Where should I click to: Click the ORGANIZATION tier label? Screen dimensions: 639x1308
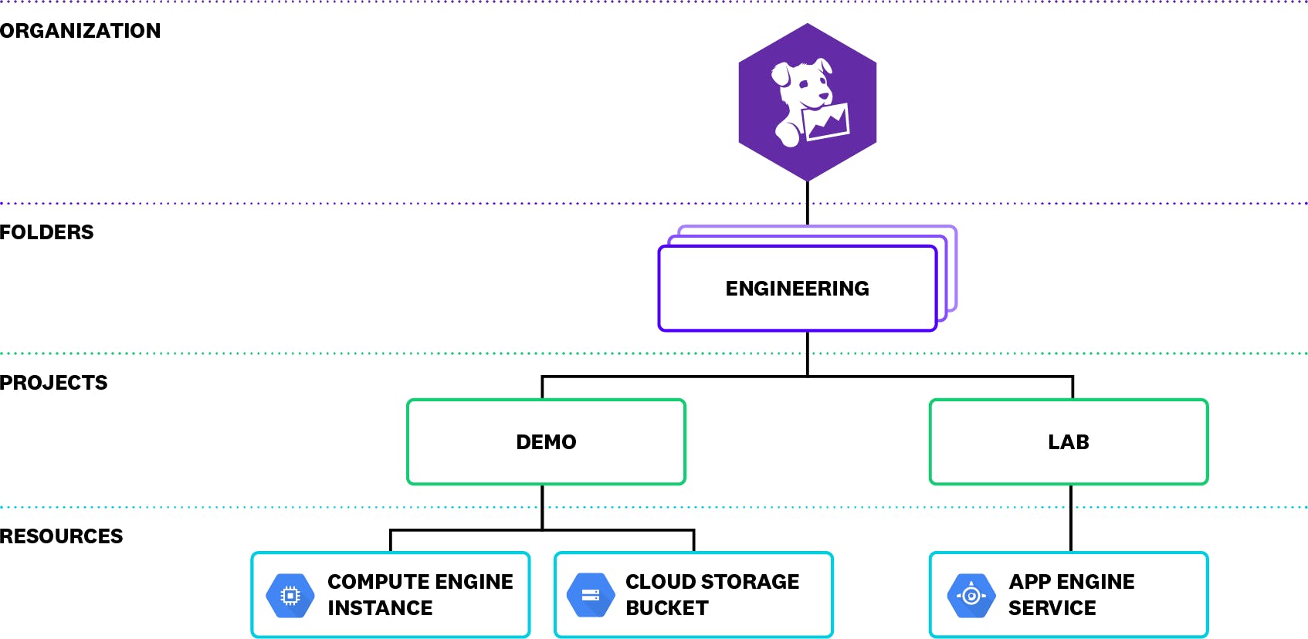pyautogui.click(x=80, y=31)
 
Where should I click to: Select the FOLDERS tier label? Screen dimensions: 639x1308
pyautogui.click(x=46, y=232)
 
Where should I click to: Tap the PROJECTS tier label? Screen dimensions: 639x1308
pyautogui.click(x=53, y=383)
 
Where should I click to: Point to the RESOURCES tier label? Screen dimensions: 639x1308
pyautogui.click(x=61, y=536)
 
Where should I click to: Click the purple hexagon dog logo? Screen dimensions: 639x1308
pyautogui.click(x=807, y=102)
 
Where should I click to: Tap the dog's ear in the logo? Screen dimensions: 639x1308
pyautogui.click(x=781, y=75)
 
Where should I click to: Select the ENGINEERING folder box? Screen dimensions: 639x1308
pyautogui.click(x=797, y=289)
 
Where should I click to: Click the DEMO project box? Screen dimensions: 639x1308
pyautogui.click(x=546, y=442)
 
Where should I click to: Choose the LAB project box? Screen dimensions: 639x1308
pyautogui.click(x=1068, y=442)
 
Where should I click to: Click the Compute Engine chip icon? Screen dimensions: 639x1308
pyautogui.click(x=290, y=595)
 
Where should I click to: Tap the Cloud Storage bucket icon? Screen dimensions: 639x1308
pyautogui.click(x=591, y=595)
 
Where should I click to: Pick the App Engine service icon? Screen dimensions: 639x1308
pyautogui.click(x=971, y=595)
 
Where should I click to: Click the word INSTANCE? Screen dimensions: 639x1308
pyautogui.click(x=380, y=608)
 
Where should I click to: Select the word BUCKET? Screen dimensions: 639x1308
pyautogui.click(x=666, y=608)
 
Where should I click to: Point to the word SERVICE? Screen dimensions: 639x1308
pyautogui.click(x=1052, y=608)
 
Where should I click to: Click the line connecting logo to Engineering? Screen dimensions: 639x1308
pyautogui.click(x=808, y=204)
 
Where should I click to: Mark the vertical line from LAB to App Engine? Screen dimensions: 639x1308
pyautogui.click(x=1070, y=518)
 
